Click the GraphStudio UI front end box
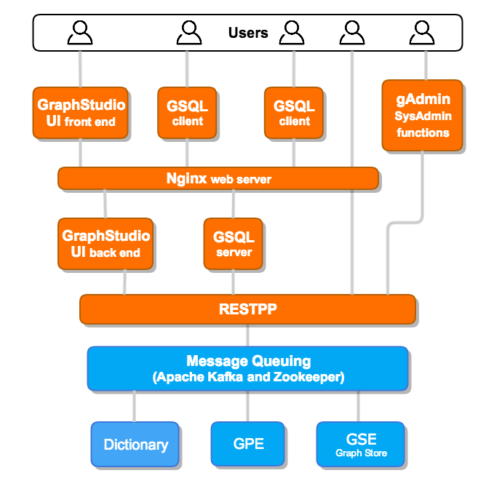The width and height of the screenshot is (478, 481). coord(81,113)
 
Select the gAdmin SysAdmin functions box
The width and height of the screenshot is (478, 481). coord(422,115)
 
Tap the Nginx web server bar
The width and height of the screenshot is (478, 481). coord(218,178)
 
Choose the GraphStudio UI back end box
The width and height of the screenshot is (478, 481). coord(105,244)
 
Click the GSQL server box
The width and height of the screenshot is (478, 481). coord(234,244)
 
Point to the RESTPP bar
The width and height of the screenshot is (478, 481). coord(247,309)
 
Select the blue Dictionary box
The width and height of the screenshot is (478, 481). coord(135,444)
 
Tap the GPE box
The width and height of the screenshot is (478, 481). coord(248,444)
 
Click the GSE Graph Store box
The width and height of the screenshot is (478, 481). coord(361,444)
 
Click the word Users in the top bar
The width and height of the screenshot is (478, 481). coord(248,33)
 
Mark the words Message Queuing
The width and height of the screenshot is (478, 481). coord(248,361)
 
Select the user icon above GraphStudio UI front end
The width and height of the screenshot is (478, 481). coord(80,33)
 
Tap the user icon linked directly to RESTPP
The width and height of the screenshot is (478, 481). coord(352,33)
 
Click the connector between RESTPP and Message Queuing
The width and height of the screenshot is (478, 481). coord(248,335)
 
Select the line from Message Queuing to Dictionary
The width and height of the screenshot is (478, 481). coord(135,405)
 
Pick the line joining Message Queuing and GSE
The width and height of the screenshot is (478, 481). coord(359,405)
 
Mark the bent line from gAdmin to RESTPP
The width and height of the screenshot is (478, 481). coord(422,196)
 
